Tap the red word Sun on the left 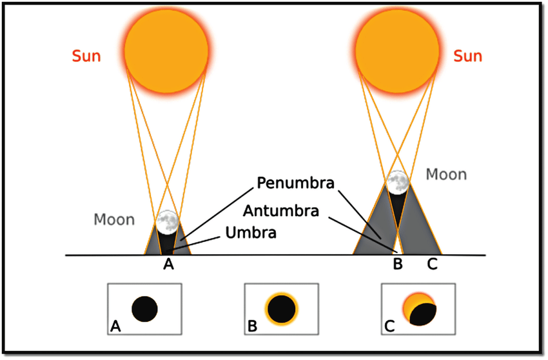tap(86, 56)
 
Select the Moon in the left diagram tap(167, 221)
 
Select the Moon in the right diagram tap(398, 182)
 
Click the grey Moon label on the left tap(114, 220)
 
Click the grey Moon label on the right tap(445, 175)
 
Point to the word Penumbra tap(295, 183)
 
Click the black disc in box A tap(144, 309)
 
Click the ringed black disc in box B tap(280, 308)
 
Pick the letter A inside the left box tap(116, 327)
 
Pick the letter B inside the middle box tap(252, 327)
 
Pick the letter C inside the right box tap(389, 327)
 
